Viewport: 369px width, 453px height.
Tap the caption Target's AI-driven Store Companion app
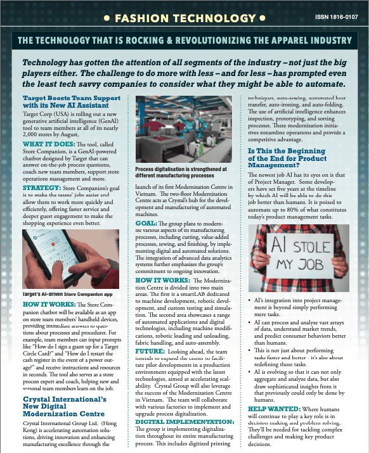(67, 295)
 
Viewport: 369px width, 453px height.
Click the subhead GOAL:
(146, 224)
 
